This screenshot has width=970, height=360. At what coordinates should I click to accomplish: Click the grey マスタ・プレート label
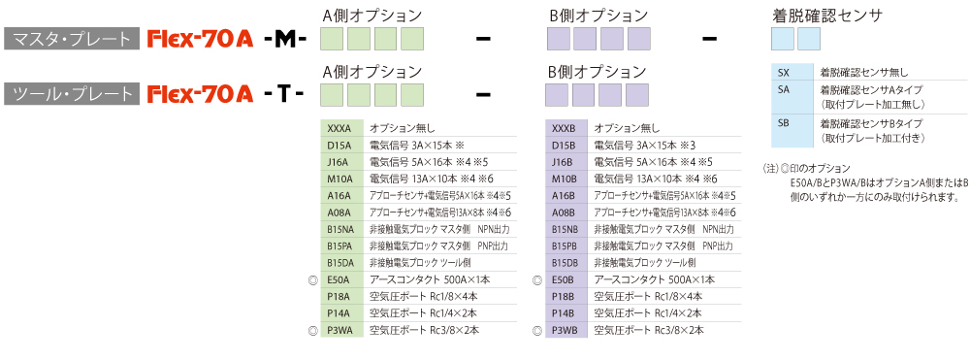[x=71, y=40]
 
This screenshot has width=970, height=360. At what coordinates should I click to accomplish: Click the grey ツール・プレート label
[x=71, y=94]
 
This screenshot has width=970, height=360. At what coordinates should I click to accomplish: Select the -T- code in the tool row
[x=283, y=94]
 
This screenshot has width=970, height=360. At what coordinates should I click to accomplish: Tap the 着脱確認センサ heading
[x=826, y=16]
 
